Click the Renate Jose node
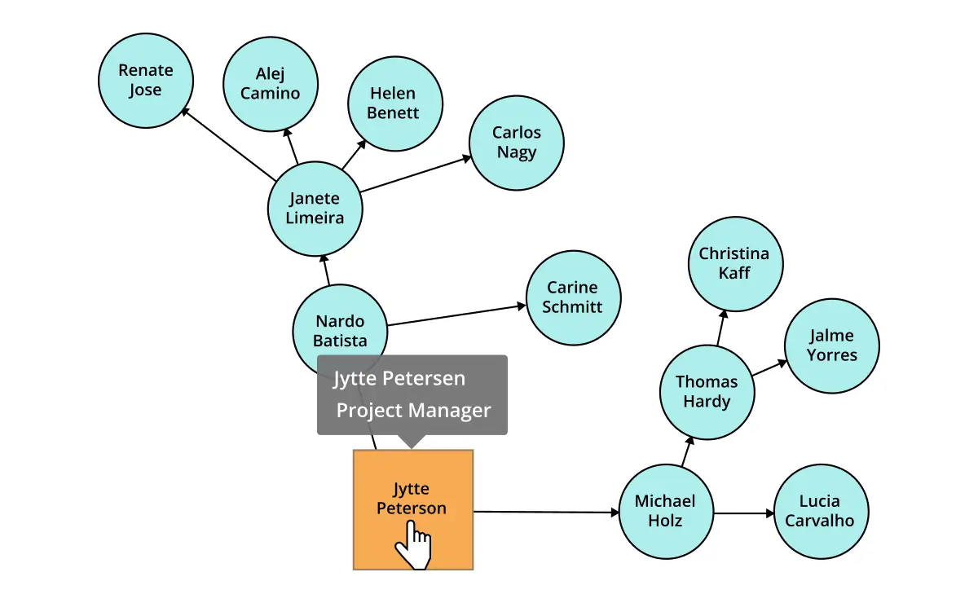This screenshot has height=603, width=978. (145, 80)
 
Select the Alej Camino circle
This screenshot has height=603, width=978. (271, 83)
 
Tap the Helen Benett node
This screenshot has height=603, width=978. (394, 103)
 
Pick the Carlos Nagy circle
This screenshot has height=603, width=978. (517, 143)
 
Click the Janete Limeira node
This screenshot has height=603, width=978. (315, 208)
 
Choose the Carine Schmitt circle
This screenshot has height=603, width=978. (573, 297)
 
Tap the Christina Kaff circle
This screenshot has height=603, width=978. (734, 263)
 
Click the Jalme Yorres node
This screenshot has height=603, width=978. (832, 346)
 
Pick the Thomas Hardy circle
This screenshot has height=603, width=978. (707, 391)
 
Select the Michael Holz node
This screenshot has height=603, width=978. (665, 511)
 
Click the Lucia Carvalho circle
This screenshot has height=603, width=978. (820, 511)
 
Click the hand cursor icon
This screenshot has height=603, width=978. (414, 545)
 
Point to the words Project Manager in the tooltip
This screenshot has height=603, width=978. (413, 410)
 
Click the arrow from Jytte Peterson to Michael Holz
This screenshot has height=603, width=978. (546, 512)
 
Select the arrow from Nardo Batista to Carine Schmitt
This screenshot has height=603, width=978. (456, 316)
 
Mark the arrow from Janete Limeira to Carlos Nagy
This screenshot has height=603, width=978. (416, 175)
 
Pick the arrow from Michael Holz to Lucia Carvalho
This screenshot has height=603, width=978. (743, 513)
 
